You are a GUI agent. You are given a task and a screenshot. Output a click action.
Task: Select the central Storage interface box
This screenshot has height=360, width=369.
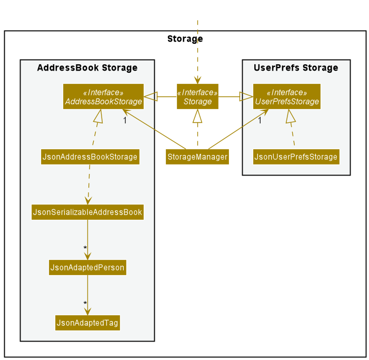pos(197,97)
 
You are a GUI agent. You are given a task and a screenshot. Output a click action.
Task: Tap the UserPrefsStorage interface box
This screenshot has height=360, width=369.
pos(286,97)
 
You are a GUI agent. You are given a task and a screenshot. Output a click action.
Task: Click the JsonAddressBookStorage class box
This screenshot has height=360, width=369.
pos(90,157)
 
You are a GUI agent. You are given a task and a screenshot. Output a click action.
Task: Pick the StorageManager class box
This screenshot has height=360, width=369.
pos(197,157)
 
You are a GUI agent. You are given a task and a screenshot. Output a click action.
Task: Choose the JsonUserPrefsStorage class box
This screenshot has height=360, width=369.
pos(295,157)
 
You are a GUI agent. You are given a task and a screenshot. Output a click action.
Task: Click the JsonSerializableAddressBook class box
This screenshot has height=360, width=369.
pos(87,212)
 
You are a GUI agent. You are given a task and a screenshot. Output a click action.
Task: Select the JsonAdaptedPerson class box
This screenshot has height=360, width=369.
pos(87,268)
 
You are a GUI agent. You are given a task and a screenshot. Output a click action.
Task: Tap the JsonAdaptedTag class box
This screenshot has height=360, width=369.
pos(87,323)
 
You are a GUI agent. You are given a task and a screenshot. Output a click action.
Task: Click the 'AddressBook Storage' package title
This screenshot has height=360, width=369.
pos(87,67)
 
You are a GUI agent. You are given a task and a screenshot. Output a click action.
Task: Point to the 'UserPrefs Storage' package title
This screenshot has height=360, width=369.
pos(296,67)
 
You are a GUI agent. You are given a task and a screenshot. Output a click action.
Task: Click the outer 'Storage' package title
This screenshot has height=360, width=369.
pos(185,38)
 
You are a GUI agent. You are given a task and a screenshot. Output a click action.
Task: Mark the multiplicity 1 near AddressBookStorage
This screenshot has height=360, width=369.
pos(125,120)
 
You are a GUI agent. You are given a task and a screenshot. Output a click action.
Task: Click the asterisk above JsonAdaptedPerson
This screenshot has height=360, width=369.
pos(84,248)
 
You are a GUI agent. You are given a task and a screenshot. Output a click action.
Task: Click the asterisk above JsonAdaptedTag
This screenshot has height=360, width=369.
pos(84,304)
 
